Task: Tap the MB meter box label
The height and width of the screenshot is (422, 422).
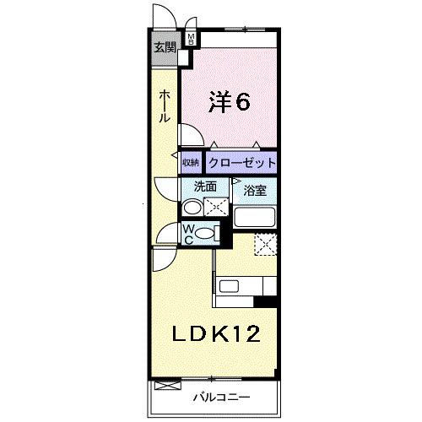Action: [x=192, y=38]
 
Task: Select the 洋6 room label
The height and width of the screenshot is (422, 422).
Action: [x=230, y=102]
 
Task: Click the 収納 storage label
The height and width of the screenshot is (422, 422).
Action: [x=191, y=163]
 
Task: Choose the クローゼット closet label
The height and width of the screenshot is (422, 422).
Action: [x=242, y=163]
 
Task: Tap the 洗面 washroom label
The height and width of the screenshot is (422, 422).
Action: [x=205, y=187]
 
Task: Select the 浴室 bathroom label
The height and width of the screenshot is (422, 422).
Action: [x=255, y=191]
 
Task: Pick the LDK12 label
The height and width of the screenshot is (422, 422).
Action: [x=217, y=333]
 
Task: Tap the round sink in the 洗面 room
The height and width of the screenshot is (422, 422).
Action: [x=192, y=208]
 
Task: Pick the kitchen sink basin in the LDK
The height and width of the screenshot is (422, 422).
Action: [x=229, y=287]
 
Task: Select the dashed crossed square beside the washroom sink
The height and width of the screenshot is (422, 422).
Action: [x=217, y=207]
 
